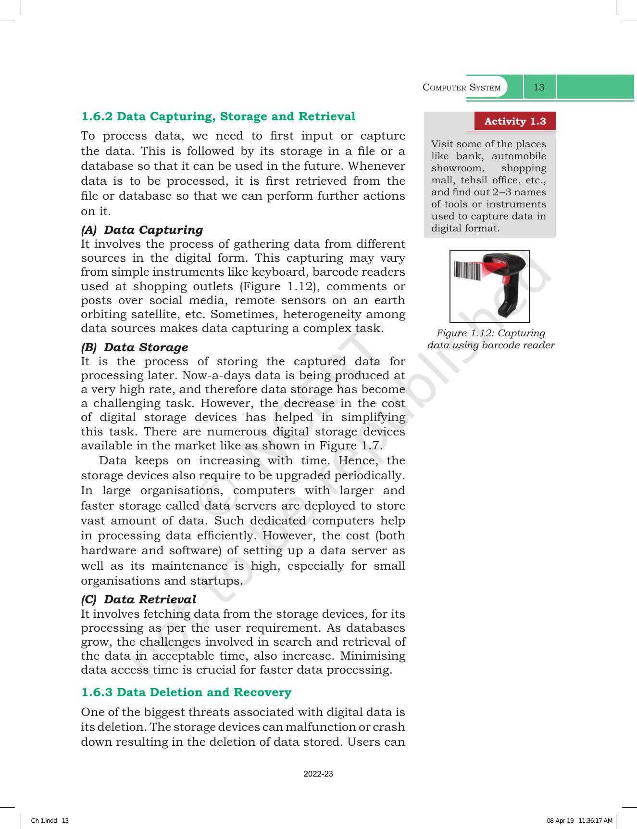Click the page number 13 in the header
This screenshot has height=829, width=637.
[x=539, y=87]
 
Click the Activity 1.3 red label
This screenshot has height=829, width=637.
[x=515, y=121]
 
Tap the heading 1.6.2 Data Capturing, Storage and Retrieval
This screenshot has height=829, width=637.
[x=218, y=116]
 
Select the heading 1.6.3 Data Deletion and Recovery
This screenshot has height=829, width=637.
[x=186, y=692]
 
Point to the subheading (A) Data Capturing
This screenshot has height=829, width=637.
[x=142, y=230]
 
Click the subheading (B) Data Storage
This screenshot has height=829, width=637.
[x=135, y=347]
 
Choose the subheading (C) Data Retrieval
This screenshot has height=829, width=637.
[x=138, y=599]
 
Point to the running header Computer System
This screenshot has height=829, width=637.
[x=462, y=88]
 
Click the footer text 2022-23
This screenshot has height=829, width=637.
[x=318, y=774]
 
